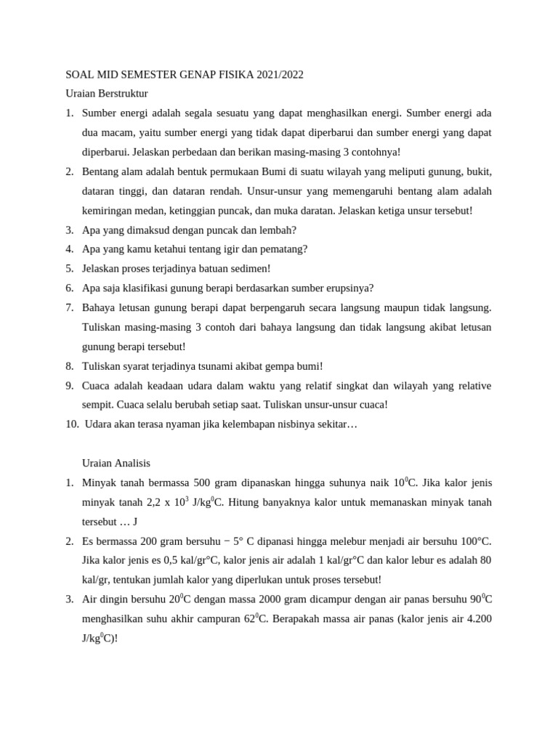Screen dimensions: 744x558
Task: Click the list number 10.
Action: pyautogui.click(x=71, y=424)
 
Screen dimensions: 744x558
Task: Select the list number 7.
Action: pyautogui.click(x=69, y=307)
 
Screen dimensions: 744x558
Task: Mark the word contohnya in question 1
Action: pyautogui.click(x=375, y=152)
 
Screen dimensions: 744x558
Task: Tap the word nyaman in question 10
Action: pyautogui.click(x=176, y=424)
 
